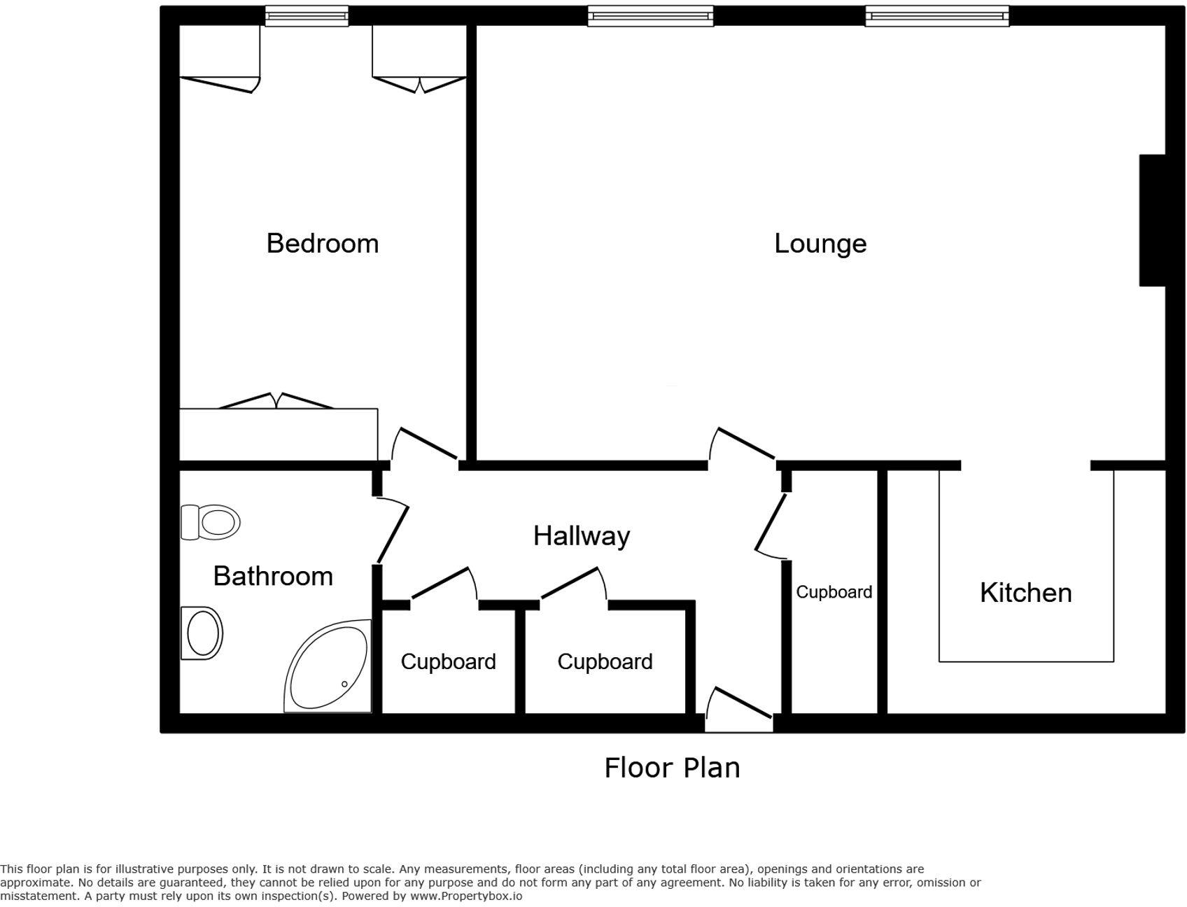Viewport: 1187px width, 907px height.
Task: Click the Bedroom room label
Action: pos(323,244)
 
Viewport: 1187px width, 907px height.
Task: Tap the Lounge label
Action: pos(820,244)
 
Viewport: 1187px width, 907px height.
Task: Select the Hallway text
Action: pos(582,536)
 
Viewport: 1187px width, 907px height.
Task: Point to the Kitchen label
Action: pos(1026,593)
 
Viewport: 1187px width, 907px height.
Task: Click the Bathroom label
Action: pos(273,576)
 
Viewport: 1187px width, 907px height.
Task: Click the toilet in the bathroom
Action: pos(211,522)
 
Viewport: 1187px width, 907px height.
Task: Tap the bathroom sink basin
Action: pos(202,633)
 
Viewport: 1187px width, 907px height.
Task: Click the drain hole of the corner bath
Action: pos(344,684)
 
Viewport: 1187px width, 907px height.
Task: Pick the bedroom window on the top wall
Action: pos(307,16)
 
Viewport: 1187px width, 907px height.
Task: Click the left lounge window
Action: pos(650,16)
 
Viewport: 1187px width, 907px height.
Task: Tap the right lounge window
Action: pos(937,16)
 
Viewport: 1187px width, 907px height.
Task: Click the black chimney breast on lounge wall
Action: pos(1152,220)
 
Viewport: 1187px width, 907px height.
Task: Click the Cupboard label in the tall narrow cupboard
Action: pos(834,592)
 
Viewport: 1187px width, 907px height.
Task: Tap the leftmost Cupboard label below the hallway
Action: pos(449,661)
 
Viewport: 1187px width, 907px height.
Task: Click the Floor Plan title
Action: pos(672,768)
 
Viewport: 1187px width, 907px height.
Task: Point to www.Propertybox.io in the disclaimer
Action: pos(466,896)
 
